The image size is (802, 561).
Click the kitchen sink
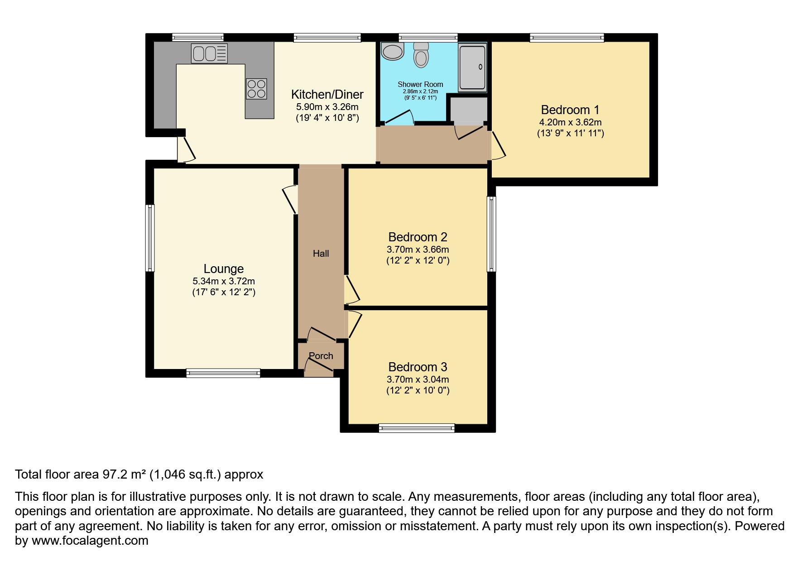209,53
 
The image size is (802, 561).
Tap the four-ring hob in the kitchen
256,89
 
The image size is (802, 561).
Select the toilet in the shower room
421,55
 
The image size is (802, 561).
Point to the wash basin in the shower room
392,51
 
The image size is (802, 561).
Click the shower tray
473,67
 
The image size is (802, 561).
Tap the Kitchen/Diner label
327,94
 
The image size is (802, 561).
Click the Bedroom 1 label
570,110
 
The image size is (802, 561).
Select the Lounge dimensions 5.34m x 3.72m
224,281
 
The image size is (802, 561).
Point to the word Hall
321,254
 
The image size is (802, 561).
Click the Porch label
321,356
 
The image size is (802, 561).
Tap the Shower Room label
420,84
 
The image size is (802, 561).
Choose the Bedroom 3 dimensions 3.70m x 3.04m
418,379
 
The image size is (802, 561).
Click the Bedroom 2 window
491,234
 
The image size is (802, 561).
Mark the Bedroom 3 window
417,428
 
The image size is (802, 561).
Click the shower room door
398,117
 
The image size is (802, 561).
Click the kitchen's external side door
186,149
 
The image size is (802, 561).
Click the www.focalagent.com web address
90,541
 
